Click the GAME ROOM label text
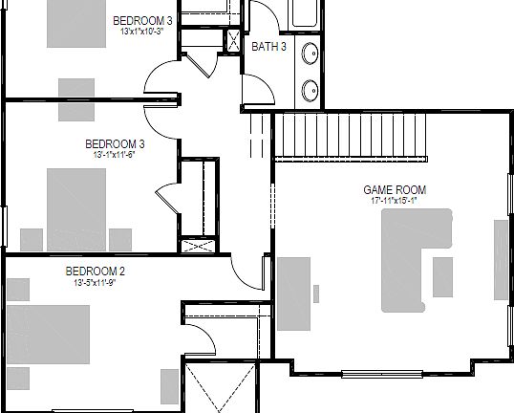[394, 190]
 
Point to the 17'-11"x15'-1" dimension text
[394, 202]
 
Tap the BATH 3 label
[268, 46]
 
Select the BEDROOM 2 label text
[95, 272]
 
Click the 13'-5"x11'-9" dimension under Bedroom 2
[95, 283]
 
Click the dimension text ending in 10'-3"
[142, 32]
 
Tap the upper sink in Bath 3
[311, 54]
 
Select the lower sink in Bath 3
[311, 90]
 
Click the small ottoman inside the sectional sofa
[442, 276]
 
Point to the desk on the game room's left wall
[295, 293]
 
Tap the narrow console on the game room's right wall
[502, 261]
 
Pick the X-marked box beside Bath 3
[231, 40]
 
